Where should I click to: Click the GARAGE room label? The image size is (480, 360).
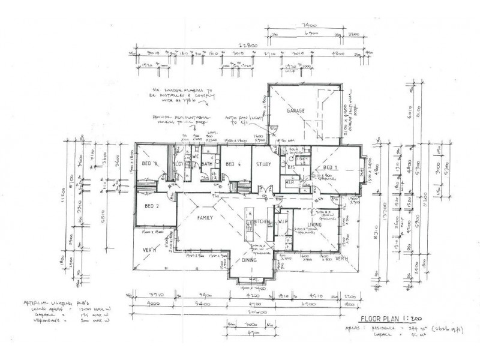(x=296, y=112)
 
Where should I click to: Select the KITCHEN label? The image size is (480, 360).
(x=262, y=223)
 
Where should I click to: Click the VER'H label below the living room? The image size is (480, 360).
(x=342, y=259)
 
